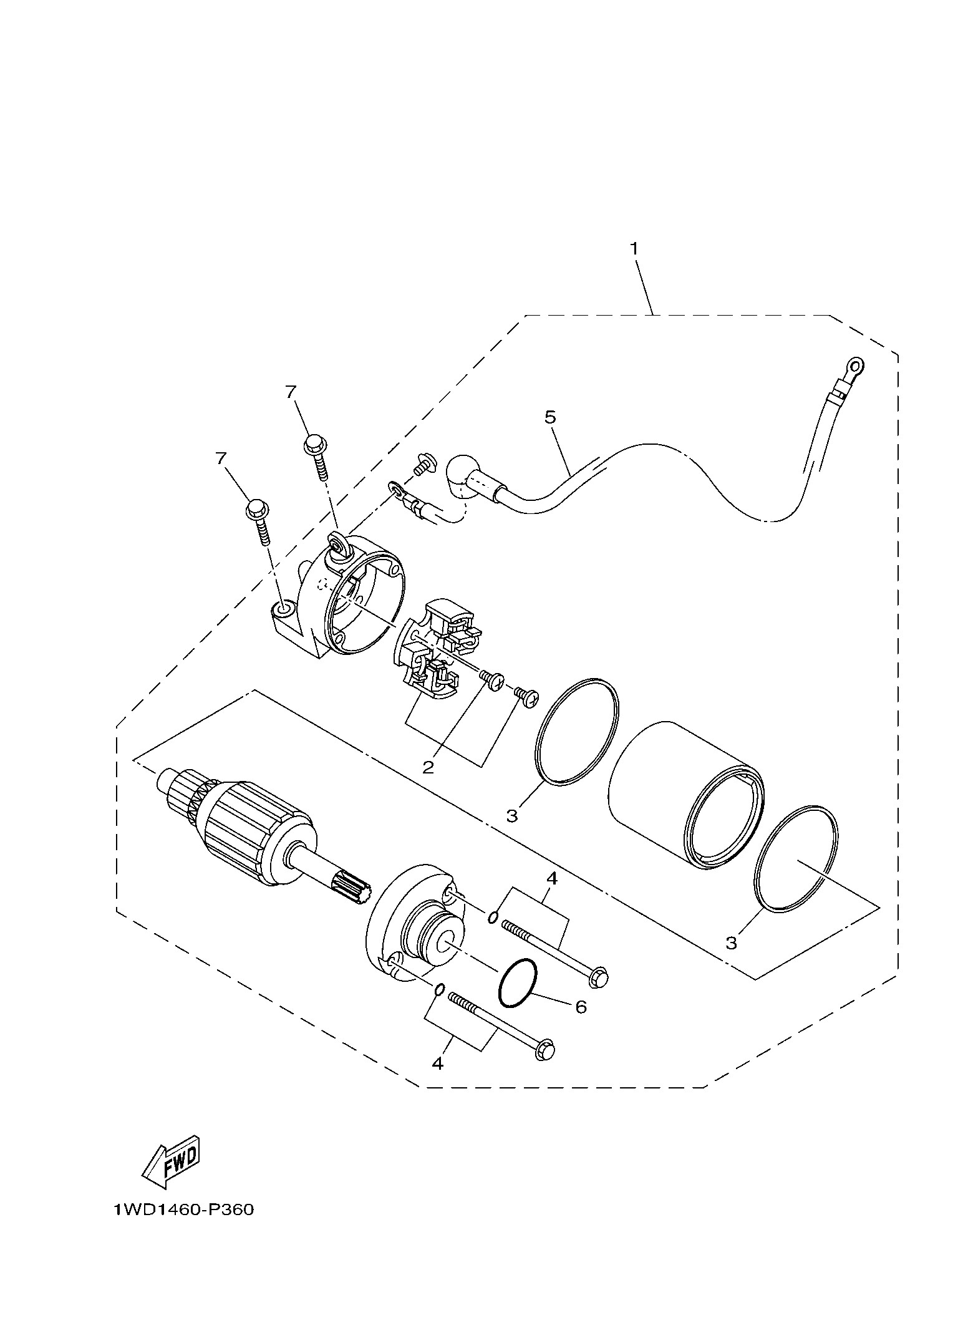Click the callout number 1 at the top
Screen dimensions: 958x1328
pos(634,248)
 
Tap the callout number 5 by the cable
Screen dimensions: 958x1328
pos(549,417)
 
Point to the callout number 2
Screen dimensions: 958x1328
pos(428,767)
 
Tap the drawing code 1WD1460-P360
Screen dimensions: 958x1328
pos(184,1227)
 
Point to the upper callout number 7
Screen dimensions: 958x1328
pos(289,392)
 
